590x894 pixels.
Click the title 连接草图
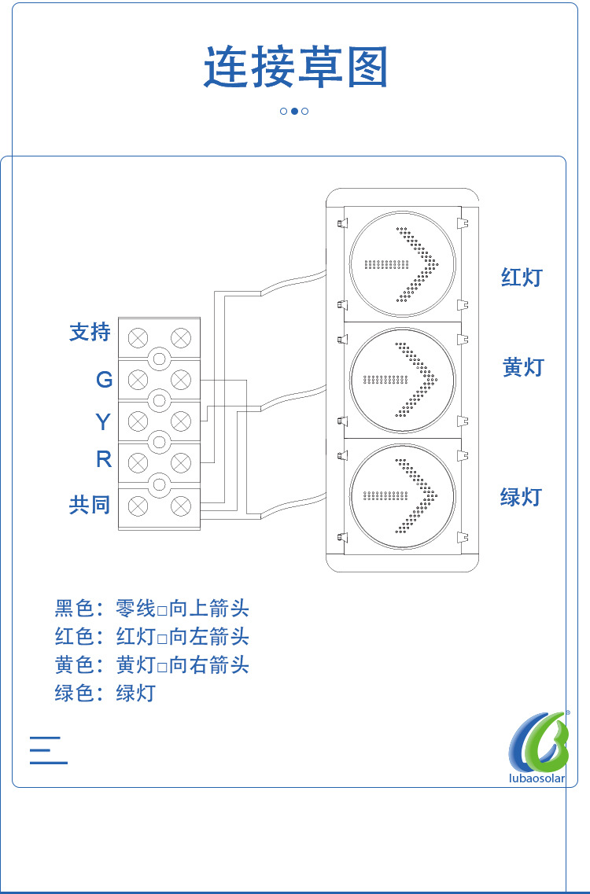pyautogui.click(x=296, y=68)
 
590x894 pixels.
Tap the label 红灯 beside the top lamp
pyautogui.click(x=521, y=277)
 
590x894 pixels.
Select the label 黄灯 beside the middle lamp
pyautogui.click(x=523, y=367)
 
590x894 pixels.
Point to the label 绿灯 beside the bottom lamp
pyautogui.click(x=521, y=497)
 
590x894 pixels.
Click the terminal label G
pyautogui.click(x=105, y=379)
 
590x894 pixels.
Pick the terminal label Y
pyautogui.click(x=103, y=422)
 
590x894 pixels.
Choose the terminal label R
pyautogui.click(x=104, y=459)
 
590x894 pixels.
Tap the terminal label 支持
pyautogui.click(x=90, y=332)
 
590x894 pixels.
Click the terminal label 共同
pyautogui.click(x=90, y=505)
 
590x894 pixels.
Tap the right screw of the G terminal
pyautogui.click(x=181, y=378)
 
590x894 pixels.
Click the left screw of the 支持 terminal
pyautogui.click(x=138, y=337)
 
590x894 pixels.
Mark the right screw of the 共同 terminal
pyautogui.click(x=181, y=506)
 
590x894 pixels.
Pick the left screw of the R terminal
pyautogui.click(x=138, y=463)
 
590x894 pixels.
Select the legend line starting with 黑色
pyautogui.click(x=152, y=609)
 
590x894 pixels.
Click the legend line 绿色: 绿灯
pyautogui.click(x=105, y=693)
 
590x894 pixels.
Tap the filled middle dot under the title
pyautogui.click(x=294, y=111)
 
